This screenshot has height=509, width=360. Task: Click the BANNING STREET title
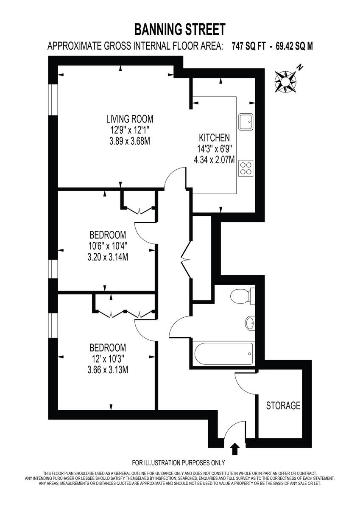pos(180,30)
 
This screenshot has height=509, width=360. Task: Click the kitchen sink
pos(246,122)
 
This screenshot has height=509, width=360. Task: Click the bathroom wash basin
pos(250,324)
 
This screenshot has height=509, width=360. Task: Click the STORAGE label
pos(283,406)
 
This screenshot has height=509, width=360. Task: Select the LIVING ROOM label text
pos(129,119)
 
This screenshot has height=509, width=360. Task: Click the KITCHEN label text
pos(214,137)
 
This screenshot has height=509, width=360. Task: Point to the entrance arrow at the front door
pos(234,449)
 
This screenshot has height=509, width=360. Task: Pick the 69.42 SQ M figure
pos(294,46)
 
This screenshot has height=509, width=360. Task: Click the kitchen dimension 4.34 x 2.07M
pos(214,160)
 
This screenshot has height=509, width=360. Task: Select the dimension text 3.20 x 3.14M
pos(108,256)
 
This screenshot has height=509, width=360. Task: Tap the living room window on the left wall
pos(53,100)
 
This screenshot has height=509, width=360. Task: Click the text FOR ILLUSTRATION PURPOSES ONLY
pos(179,463)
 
